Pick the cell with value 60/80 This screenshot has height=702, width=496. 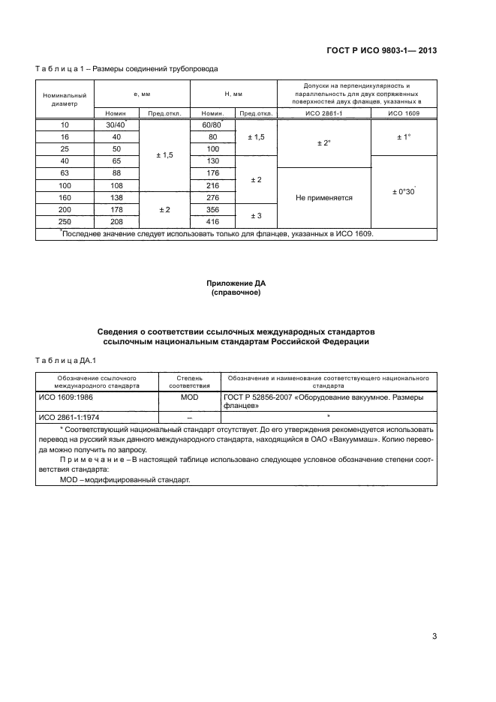[212, 124]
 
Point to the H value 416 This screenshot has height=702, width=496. [212, 222]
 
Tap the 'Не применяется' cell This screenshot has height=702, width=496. [323, 198]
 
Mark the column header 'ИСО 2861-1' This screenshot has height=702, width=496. [323, 112]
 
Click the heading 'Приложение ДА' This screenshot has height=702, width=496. [236, 283]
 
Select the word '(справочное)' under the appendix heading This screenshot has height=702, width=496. [236, 292]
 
